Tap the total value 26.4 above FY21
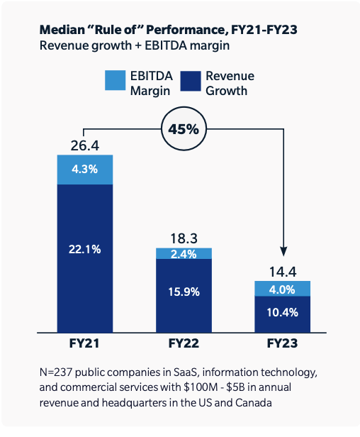pyautogui.click(x=84, y=145)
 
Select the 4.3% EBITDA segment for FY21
pyautogui.click(x=84, y=170)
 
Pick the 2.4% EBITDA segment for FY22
pyautogui.click(x=184, y=254)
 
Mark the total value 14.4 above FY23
pyautogui.click(x=282, y=272)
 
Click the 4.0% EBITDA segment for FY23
pyautogui.click(x=282, y=288)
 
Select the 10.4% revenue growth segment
pyautogui.click(x=282, y=312)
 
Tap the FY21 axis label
pyautogui.click(x=84, y=343)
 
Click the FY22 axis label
pyautogui.click(x=184, y=343)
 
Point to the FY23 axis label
pyautogui.click(x=282, y=343)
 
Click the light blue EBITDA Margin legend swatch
pyautogui.click(x=114, y=82)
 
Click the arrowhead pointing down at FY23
pyautogui.click(x=282, y=252)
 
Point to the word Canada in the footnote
pyautogui.click(x=254, y=402)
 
